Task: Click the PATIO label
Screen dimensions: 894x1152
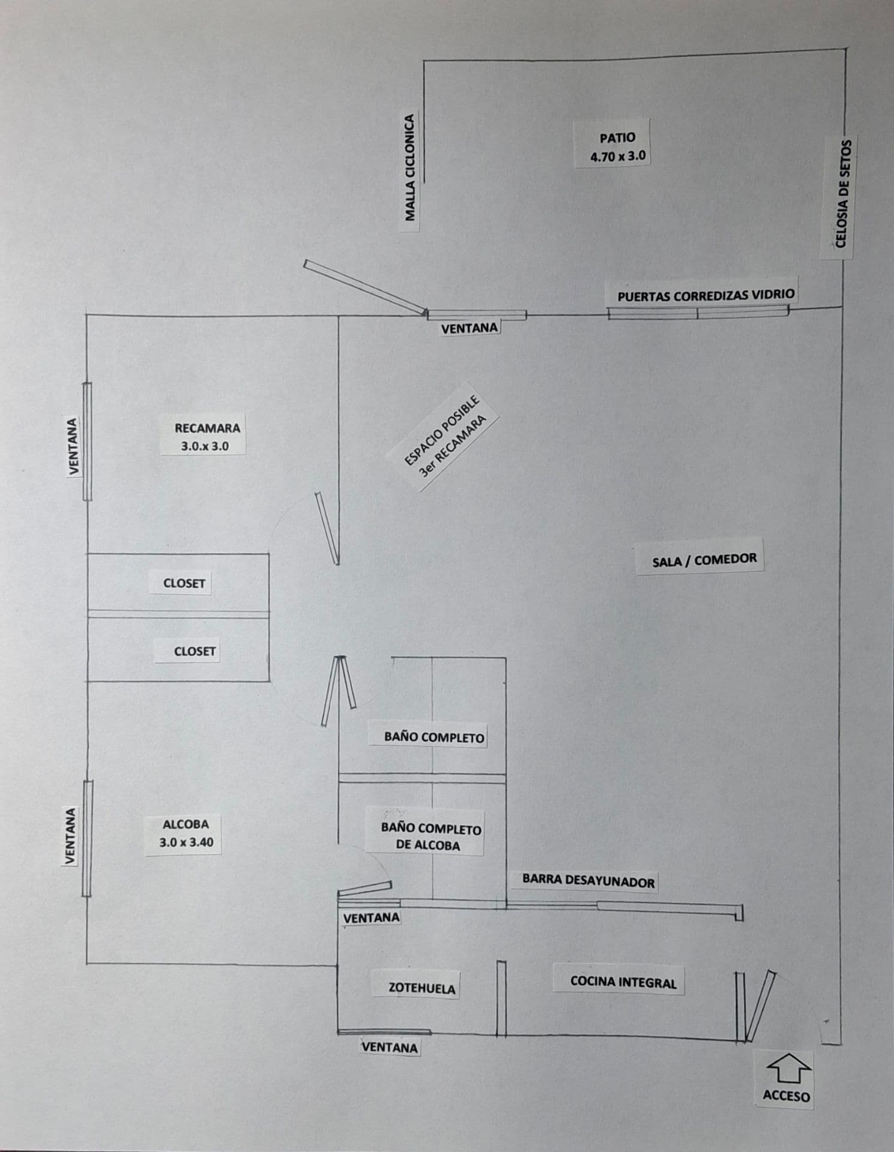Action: [x=617, y=138]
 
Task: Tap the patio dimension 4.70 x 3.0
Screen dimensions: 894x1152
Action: [x=618, y=157]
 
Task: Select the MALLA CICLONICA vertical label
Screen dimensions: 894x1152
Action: [x=410, y=167]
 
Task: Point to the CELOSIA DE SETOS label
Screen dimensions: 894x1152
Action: [x=841, y=194]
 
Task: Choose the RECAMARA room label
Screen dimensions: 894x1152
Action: [x=207, y=428]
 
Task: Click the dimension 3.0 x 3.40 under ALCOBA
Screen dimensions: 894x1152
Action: [x=186, y=842]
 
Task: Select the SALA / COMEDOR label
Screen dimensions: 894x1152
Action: [x=705, y=560]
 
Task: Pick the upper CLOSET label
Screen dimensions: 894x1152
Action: [x=184, y=583]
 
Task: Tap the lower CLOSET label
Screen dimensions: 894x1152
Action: [x=195, y=651]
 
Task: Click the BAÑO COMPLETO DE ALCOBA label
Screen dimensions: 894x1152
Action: [x=431, y=837]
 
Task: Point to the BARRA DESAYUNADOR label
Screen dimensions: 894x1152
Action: [x=588, y=881]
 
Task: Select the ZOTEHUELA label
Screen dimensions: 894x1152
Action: [x=422, y=988]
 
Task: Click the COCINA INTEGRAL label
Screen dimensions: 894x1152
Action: [x=623, y=982]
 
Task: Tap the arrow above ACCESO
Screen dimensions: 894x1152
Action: [x=789, y=1069]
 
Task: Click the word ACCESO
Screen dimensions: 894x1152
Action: [x=787, y=1096]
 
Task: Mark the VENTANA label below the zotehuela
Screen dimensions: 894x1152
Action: [x=390, y=1048]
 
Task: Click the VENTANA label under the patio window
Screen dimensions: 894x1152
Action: [x=470, y=328]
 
